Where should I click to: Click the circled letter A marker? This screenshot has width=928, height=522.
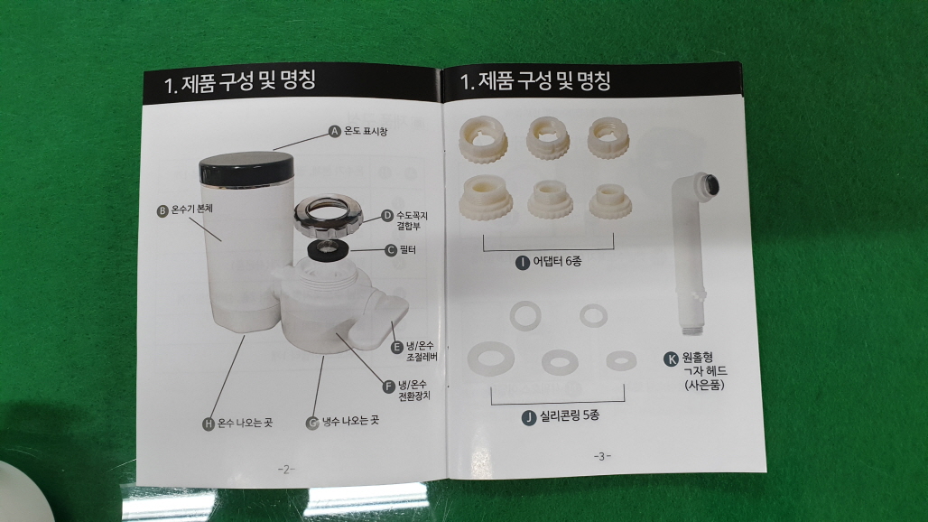[335, 131]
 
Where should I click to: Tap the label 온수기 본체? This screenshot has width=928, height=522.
[191, 209]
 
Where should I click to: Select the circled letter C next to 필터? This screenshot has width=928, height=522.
[391, 250]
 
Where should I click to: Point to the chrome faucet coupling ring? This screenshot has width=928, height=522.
[328, 216]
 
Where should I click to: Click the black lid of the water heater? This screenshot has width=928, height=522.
[246, 168]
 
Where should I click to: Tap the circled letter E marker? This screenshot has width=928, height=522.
[398, 347]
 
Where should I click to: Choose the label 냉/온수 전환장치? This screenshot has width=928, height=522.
[413, 391]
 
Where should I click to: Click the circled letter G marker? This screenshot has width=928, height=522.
[312, 424]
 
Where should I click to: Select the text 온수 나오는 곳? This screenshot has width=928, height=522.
[245, 423]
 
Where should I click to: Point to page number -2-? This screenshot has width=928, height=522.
[286, 470]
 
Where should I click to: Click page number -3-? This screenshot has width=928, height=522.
[602, 456]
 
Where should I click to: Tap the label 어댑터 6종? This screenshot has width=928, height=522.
[557, 261]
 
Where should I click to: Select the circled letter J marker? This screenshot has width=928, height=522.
[528, 418]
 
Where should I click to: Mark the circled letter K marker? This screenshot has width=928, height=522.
[671, 359]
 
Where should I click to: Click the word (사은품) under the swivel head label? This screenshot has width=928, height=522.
[704, 385]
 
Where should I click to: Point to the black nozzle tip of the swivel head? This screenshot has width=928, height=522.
[710, 184]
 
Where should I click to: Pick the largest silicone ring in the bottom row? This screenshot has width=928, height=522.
[491, 359]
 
